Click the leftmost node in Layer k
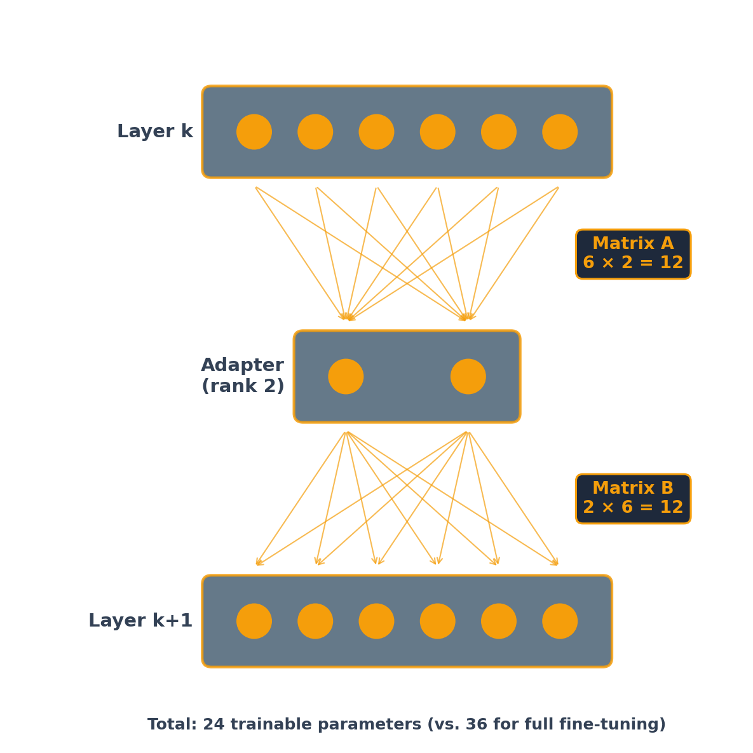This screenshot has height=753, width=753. click(x=254, y=132)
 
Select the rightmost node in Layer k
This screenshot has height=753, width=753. click(x=560, y=132)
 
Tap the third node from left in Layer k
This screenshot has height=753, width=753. click(x=376, y=132)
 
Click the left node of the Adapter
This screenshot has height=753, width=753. click(x=346, y=377)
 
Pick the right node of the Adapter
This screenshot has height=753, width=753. click(x=468, y=377)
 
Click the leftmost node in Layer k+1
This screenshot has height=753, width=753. click(x=254, y=621)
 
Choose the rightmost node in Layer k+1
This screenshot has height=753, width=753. click(x=560, y=621)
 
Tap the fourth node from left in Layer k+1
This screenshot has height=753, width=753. click(x=438, y=621)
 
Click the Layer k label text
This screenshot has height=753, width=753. click(x=154, y=132)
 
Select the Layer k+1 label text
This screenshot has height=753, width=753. click(x=140, y=621)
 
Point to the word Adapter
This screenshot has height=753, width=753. click(x=242, y=366)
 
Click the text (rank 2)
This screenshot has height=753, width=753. click(x=243, y=387)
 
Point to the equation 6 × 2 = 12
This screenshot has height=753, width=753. click(x=633, y=264)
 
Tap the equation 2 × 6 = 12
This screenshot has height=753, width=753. click(x=633, y=508)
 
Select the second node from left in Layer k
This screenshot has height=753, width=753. click(x=315, y=132)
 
